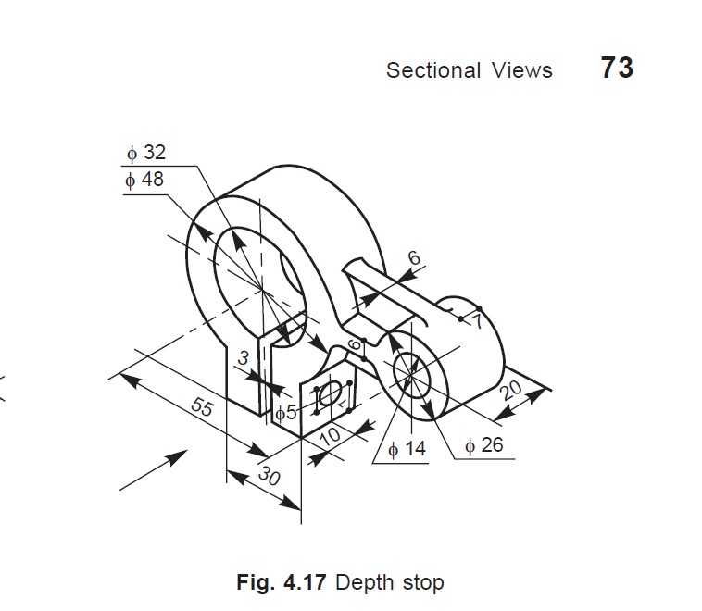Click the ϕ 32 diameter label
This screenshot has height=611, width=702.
pos(146,153)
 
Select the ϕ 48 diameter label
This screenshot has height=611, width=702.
pos(144,180)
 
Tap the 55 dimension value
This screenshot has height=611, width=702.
pos(203,406)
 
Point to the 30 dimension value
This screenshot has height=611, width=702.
pos(270,476)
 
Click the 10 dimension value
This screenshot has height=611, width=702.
pos(331,434)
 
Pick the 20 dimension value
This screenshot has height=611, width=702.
pos(511,390)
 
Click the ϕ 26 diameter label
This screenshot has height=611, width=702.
pos(484,445)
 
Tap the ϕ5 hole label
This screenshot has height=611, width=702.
pos(285,412)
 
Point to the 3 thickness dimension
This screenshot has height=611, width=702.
pos(243,358)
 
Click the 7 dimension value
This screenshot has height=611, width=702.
pos(477,321)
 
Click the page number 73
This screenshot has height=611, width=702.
pos(617,68)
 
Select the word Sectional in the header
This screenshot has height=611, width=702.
pos(433,70)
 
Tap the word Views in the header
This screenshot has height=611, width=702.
pos(521,70)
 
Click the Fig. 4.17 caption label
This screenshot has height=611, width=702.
pos(282,582)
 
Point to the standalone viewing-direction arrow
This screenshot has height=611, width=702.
pos(154,470)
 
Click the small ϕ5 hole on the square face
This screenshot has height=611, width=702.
pos(331,393)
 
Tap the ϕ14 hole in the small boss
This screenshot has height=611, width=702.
pos(411,375)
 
